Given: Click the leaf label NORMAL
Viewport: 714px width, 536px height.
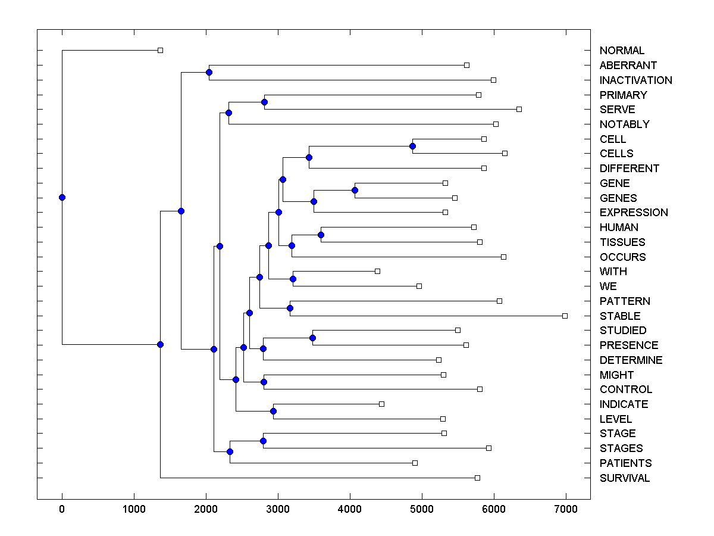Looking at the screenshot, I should [x=622, y=51].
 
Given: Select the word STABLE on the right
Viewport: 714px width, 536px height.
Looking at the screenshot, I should [x=620, y=316].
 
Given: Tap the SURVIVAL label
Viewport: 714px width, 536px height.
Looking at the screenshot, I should [x=625, y=478].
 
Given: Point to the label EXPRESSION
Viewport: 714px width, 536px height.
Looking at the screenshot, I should [x=634, y=213].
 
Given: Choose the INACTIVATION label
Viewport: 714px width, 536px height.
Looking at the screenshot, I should [x=635, y=80].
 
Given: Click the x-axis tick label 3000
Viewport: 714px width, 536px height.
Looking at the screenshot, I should [x=278, y=509].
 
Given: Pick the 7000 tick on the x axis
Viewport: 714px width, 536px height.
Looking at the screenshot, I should [x=565, y=509].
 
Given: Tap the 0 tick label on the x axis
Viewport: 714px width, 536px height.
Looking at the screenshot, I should [x=62, y=509].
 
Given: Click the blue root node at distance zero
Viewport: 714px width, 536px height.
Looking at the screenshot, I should [x=62, y=197].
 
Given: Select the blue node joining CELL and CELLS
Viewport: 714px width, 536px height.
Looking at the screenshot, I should [x=412, y=146].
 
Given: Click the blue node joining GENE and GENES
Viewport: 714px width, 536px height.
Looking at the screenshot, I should [x=355, y=190].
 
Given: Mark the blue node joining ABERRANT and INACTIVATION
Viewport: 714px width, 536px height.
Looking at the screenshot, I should [x=209, y=72].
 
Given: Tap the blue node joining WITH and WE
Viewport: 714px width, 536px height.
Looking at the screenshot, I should [x=293, y=279].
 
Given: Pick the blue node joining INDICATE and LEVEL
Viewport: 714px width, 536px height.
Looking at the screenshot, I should [x=273, y=411].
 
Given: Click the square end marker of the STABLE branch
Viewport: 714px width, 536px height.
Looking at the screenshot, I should [x=565, y=316].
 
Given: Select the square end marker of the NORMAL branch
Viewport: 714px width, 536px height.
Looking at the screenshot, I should [x=160, y=51].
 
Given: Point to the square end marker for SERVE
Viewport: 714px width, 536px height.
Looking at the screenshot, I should [x=519, y=109].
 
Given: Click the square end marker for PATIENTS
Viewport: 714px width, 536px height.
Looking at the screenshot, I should [x=415, y=463].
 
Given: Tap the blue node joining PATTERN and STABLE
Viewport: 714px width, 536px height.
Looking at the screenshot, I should [x=290, y=308].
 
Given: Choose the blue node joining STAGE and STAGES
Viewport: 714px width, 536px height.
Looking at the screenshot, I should [x=263, y=441].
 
